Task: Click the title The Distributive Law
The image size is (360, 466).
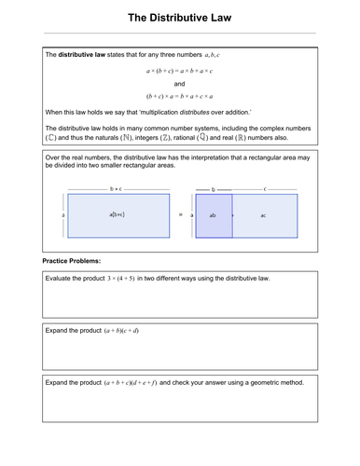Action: [x=180, y=18]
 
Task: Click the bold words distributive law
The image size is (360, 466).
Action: [x=82, y=55]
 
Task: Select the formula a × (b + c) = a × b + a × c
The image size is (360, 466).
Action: [x=179, y=71]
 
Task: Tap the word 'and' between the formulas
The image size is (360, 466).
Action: [x=179, y=84]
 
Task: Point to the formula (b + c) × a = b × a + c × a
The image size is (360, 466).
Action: [x=179, y=96]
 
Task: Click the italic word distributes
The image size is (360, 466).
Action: [x=195, y=112]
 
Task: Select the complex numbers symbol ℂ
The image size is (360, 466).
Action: [x=51, y=138]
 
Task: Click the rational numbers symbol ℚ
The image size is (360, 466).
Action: [x=202, y=137]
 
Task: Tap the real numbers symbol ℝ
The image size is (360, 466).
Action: [x=241, y=138]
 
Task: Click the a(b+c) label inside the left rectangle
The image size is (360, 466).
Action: [x=117, y=214]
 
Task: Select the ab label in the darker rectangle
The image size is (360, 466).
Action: [x=213, y=215]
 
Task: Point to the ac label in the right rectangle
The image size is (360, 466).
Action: [x=263, y=215]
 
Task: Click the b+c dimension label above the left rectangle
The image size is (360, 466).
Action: [x=116, y=189]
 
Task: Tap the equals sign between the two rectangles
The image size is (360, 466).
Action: [x=181, y=214]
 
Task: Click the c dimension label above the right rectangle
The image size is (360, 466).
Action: [x=265, y=189]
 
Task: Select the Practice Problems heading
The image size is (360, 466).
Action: [x=72, y=261]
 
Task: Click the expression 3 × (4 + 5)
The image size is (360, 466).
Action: [x=121, y=279]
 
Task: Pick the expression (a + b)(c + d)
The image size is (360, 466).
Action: [x=121, y=331]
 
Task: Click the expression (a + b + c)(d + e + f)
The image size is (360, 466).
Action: [x=131, y=383]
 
